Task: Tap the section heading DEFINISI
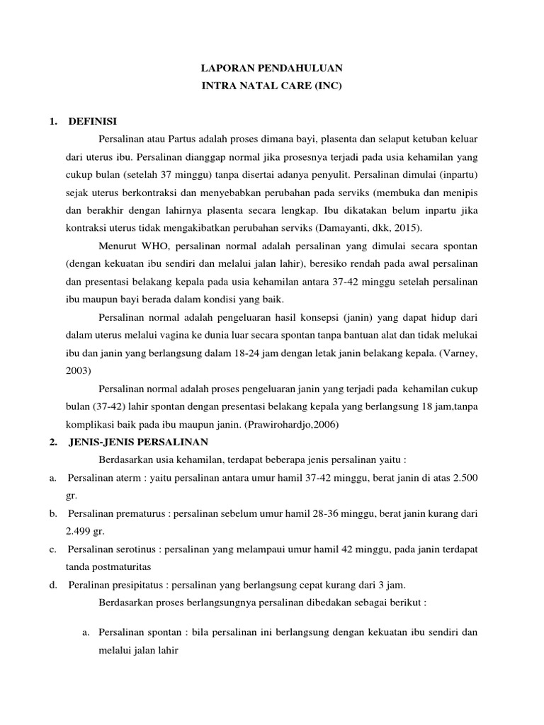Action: (92, 121)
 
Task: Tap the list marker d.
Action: (53, 585)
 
